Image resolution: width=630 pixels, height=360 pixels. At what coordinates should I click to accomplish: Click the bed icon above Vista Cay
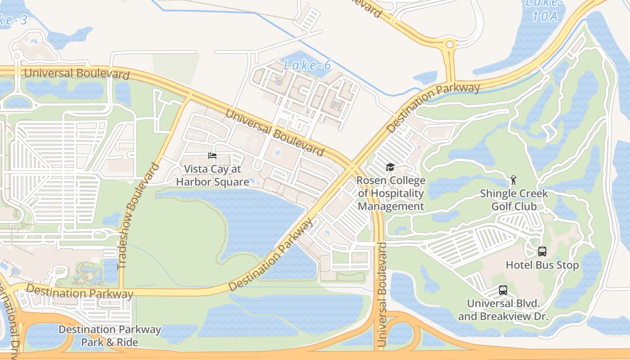(x=212, y=156)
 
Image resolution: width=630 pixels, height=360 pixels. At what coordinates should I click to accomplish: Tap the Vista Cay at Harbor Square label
(x=212, y=175)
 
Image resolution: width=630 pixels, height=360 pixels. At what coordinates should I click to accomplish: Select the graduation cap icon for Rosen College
(x=390, y=167)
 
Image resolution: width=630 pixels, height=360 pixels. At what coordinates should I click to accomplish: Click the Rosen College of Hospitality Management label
(x=391, y=193)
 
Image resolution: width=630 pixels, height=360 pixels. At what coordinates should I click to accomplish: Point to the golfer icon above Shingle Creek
(x=513, y=180)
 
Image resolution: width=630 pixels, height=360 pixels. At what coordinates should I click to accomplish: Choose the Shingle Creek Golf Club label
(x=513, y=200)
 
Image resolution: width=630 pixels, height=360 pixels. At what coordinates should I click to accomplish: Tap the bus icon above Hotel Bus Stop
(x=542, y=252)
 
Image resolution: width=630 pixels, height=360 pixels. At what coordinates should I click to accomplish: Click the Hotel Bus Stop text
(x=542, y=265)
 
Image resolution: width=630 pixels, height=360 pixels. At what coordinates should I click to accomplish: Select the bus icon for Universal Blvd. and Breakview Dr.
(x=503, y=290)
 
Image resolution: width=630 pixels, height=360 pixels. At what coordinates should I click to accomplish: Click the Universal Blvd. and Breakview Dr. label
(x=503, y=310)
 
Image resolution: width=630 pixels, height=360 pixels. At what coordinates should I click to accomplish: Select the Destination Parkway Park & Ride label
(x=109, y=336)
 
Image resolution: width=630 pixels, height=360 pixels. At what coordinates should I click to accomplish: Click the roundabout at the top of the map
(x=449, y=45)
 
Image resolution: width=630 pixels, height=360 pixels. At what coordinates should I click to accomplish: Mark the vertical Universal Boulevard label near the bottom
(x=382, y=295)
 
